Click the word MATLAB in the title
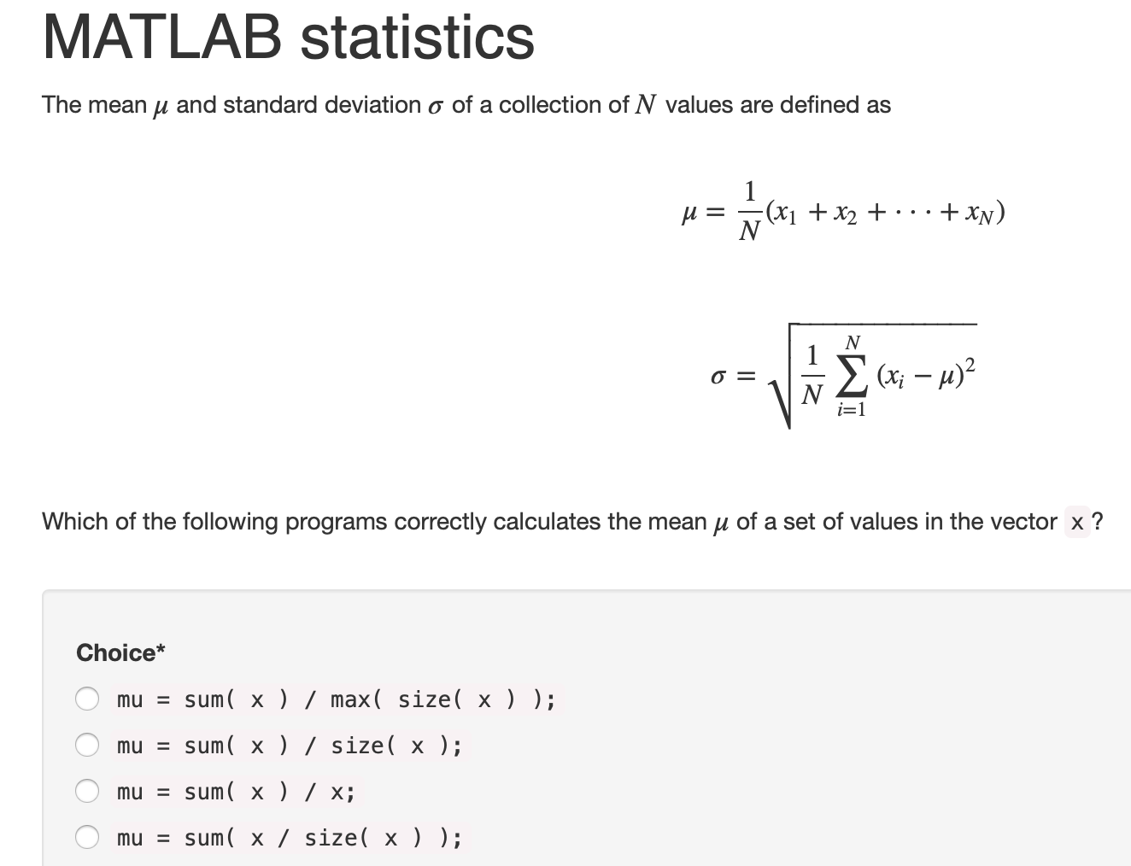click(x=161, y=38)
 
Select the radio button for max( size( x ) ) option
click(x=87, y=699)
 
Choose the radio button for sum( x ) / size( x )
click(x=87, y=745)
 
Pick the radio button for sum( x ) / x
click(x=87, y=791)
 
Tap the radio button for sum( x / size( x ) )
click(x=87, y=837)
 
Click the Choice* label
click(x=120, y=652)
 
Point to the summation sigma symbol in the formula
click(x=852, y=377)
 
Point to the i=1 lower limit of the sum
click(x=852, y=410)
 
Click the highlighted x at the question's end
click(x=1077, y=522)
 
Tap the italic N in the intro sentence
click(x=646, y=105)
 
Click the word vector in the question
click(x=1023, y=522)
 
